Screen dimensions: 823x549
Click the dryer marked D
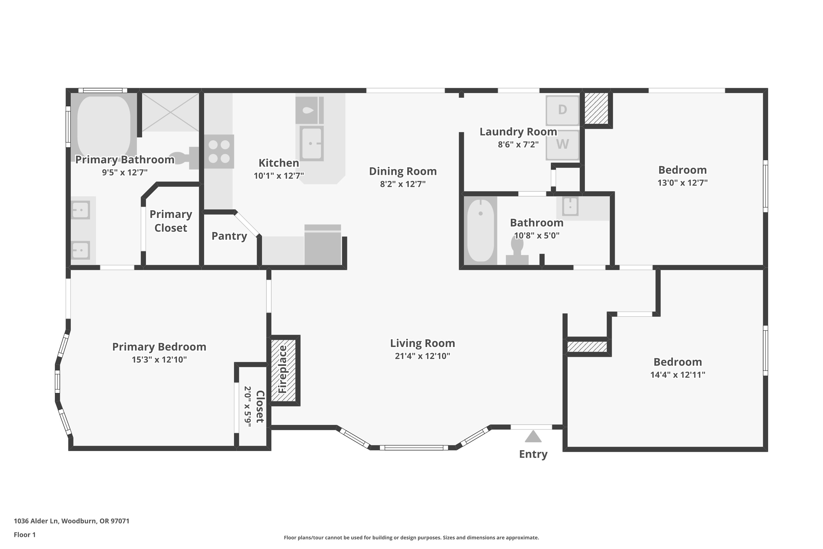point(562,110)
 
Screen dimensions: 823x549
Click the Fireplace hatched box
point(283,370)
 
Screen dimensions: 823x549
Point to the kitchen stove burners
point(219,152)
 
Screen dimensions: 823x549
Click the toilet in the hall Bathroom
point(517,251)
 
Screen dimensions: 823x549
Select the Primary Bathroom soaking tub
point(104,127)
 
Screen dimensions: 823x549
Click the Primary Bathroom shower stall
point(170,112)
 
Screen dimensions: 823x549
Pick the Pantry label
point(229,236)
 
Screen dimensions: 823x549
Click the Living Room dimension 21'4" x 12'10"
point(422,356)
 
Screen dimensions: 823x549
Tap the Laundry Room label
point(518,132)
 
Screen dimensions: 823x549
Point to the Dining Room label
point(403,171)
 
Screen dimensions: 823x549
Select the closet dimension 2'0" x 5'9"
point(248,407)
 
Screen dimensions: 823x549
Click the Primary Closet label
point(171,221)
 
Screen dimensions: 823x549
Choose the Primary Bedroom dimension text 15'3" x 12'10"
point(159,360)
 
